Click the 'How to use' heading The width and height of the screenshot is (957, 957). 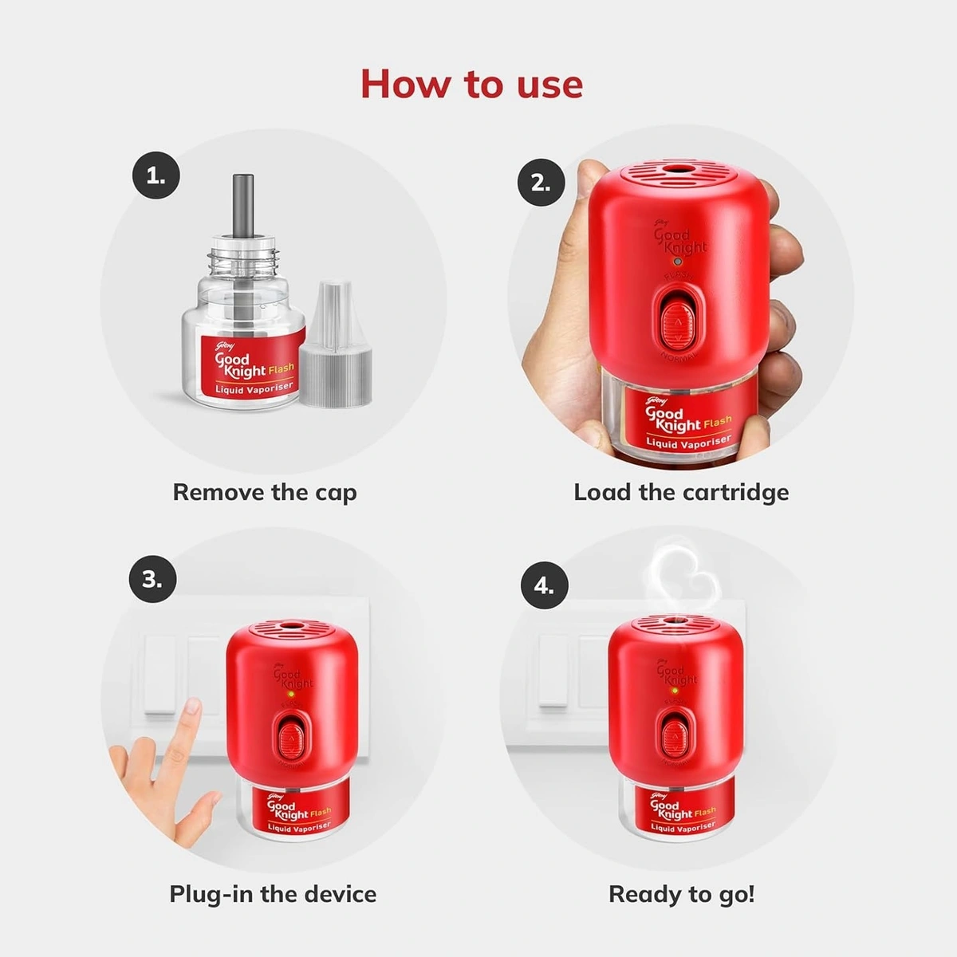pos(471,85)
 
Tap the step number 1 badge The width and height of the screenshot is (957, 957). pos(156,176)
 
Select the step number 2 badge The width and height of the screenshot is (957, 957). pos(541,183)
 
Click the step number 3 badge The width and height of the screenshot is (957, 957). pos(152,579)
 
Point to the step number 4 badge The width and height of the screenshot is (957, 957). pos(544,586)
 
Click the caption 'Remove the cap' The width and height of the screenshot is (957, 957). pos(265,492)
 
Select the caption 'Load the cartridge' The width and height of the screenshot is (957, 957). pos(681,492)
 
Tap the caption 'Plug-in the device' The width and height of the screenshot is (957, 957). pos(273,893)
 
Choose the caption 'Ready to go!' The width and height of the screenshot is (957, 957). pos(681,894)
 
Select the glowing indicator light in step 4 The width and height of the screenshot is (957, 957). pos(675,690)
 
